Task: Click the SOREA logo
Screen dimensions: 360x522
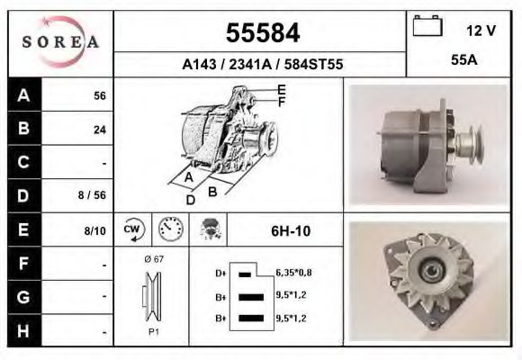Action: point(60,41)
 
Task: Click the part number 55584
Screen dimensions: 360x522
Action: point(261,34)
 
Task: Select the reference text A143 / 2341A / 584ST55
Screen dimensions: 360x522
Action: point(261,65)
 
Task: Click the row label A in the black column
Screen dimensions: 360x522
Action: point(22,95)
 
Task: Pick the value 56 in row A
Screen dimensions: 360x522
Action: point(100,96)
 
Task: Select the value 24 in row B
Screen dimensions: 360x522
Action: point(100,130)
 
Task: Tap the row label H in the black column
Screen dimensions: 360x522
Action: point(22,330)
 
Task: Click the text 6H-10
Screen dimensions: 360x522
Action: point(290,231)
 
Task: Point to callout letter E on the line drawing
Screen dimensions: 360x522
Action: point(282,89)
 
